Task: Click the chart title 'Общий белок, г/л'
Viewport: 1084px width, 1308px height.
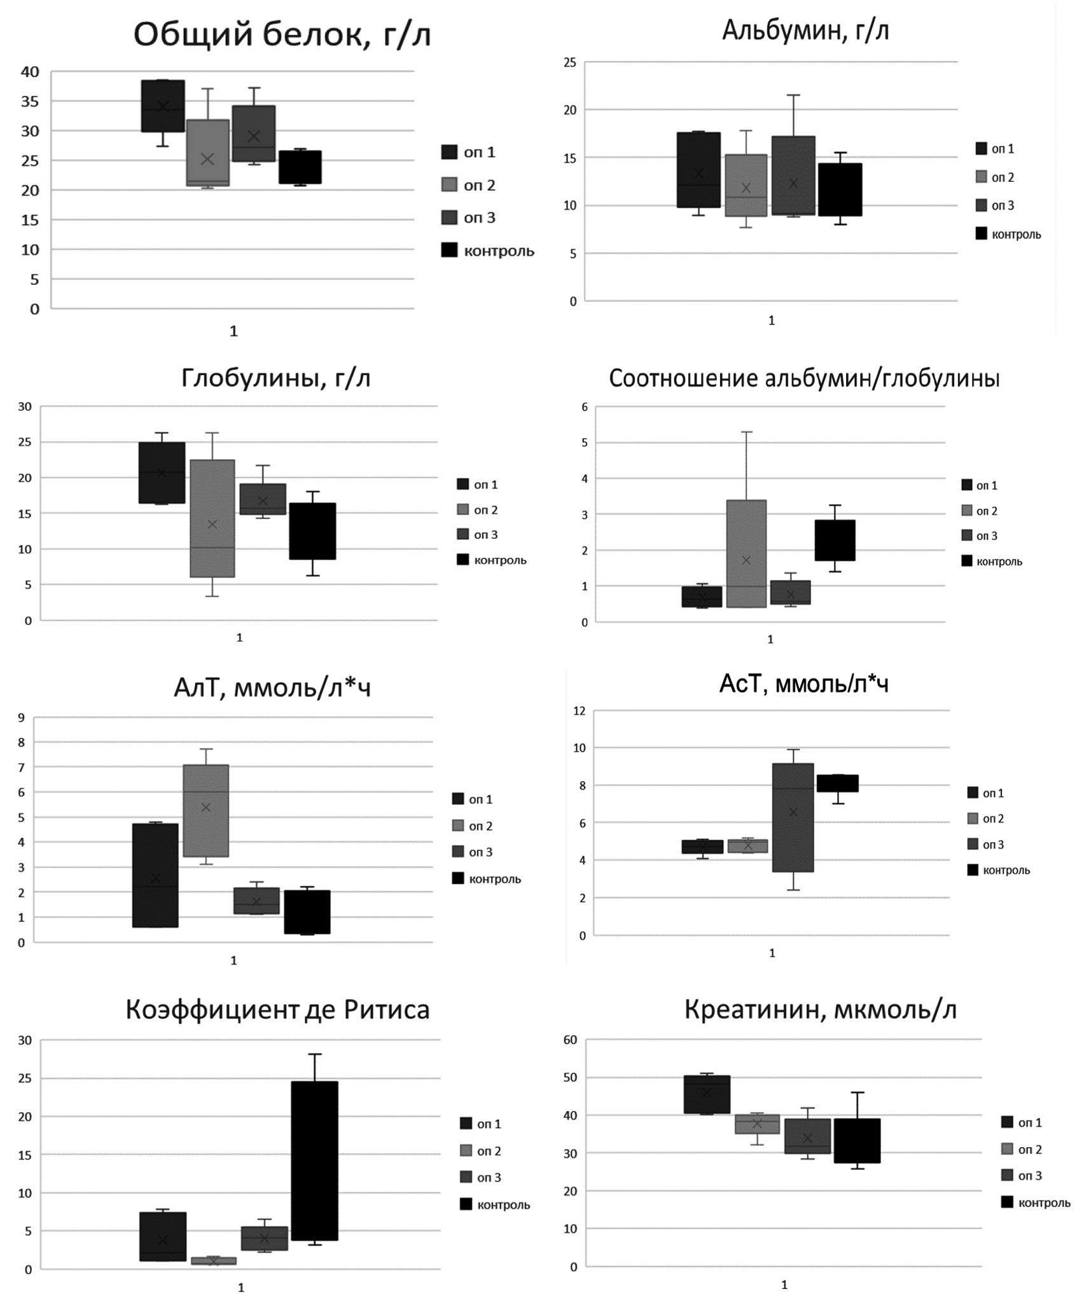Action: coord(282,35)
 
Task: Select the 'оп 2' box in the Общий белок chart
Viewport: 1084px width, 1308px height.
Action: coord(208,153)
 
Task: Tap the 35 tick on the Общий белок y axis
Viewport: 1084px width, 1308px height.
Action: coord(30,102)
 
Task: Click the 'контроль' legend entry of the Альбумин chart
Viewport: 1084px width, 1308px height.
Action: coord(1008,235)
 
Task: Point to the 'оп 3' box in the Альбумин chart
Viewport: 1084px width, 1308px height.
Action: coord(793,176)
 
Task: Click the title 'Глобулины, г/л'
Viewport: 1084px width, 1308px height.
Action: coord(275,379)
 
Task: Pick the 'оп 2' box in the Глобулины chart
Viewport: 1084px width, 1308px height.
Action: coord(212,518)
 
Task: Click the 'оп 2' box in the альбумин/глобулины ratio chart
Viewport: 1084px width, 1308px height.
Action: coord(746,554)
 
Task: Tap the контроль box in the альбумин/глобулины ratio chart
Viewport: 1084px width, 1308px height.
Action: coord(835,540)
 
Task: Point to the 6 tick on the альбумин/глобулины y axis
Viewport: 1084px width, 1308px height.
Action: coord(584,408)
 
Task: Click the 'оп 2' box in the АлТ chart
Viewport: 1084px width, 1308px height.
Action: coord(205,811)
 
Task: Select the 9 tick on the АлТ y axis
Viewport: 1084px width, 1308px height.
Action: coord(22,719)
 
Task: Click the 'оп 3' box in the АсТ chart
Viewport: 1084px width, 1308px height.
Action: coord(793,818)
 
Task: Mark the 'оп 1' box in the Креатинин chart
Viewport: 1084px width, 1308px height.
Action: coord(707,1094)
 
